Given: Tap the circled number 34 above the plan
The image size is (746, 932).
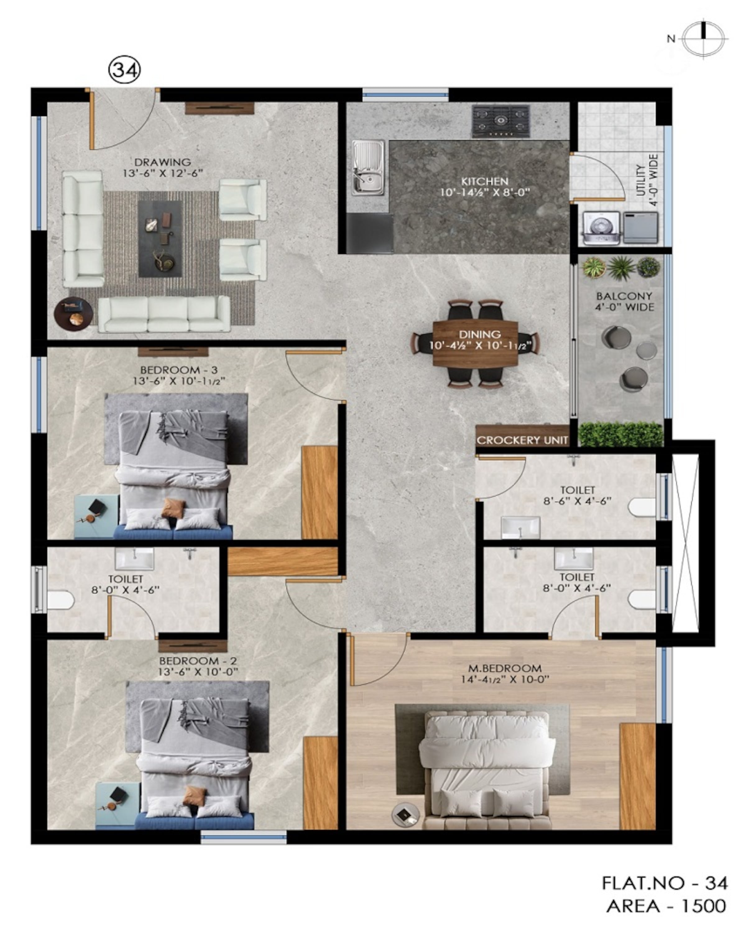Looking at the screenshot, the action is tap(125, 70).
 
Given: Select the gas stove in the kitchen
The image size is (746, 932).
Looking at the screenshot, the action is tap(501, 121).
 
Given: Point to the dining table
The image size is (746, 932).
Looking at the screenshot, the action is tap(475, 344).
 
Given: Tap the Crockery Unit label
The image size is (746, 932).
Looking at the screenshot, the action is tap(522, 441).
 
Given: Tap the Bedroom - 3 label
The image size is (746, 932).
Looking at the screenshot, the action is tap(179, 370).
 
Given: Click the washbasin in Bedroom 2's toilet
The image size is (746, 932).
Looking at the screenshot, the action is tap(134, 559).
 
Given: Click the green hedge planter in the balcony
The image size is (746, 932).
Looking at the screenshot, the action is tap(621, 434).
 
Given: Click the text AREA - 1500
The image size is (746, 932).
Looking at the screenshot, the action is tap(666, 905).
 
